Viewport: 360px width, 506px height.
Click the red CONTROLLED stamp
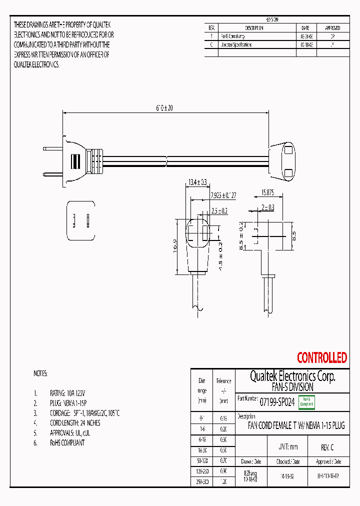321,358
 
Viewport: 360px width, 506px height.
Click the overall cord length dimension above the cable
164,107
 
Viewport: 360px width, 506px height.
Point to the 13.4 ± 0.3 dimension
197,182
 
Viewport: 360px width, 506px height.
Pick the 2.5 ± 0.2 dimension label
219,211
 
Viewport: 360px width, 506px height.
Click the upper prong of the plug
52,148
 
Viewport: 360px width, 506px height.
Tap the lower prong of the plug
52,174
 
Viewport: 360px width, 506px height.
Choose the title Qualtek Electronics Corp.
292,376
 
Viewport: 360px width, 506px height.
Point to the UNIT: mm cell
287,447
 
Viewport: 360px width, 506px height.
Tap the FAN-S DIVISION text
292,387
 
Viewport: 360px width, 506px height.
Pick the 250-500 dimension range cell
201,481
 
